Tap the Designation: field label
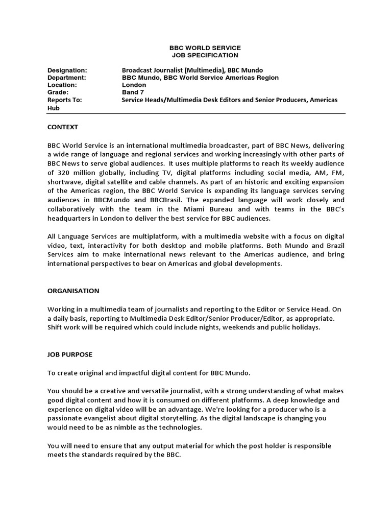pos(67,70)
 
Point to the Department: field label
pos(66,78)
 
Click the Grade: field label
pos(58,92)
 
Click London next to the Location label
pos(134,85)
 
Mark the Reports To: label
pos(64,100)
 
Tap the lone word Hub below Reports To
pos(54,109)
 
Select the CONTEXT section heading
pos(63,127)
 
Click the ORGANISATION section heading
pos(73,291)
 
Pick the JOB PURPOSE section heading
pos(70,354)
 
